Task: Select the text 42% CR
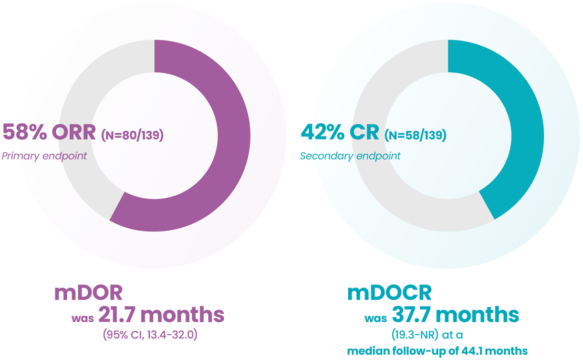339,132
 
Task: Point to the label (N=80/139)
132,135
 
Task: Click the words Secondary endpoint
350,156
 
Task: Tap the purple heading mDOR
88,293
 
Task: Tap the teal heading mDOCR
388,293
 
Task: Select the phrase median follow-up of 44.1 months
437,351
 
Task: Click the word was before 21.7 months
82,317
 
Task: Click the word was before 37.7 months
377,317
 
